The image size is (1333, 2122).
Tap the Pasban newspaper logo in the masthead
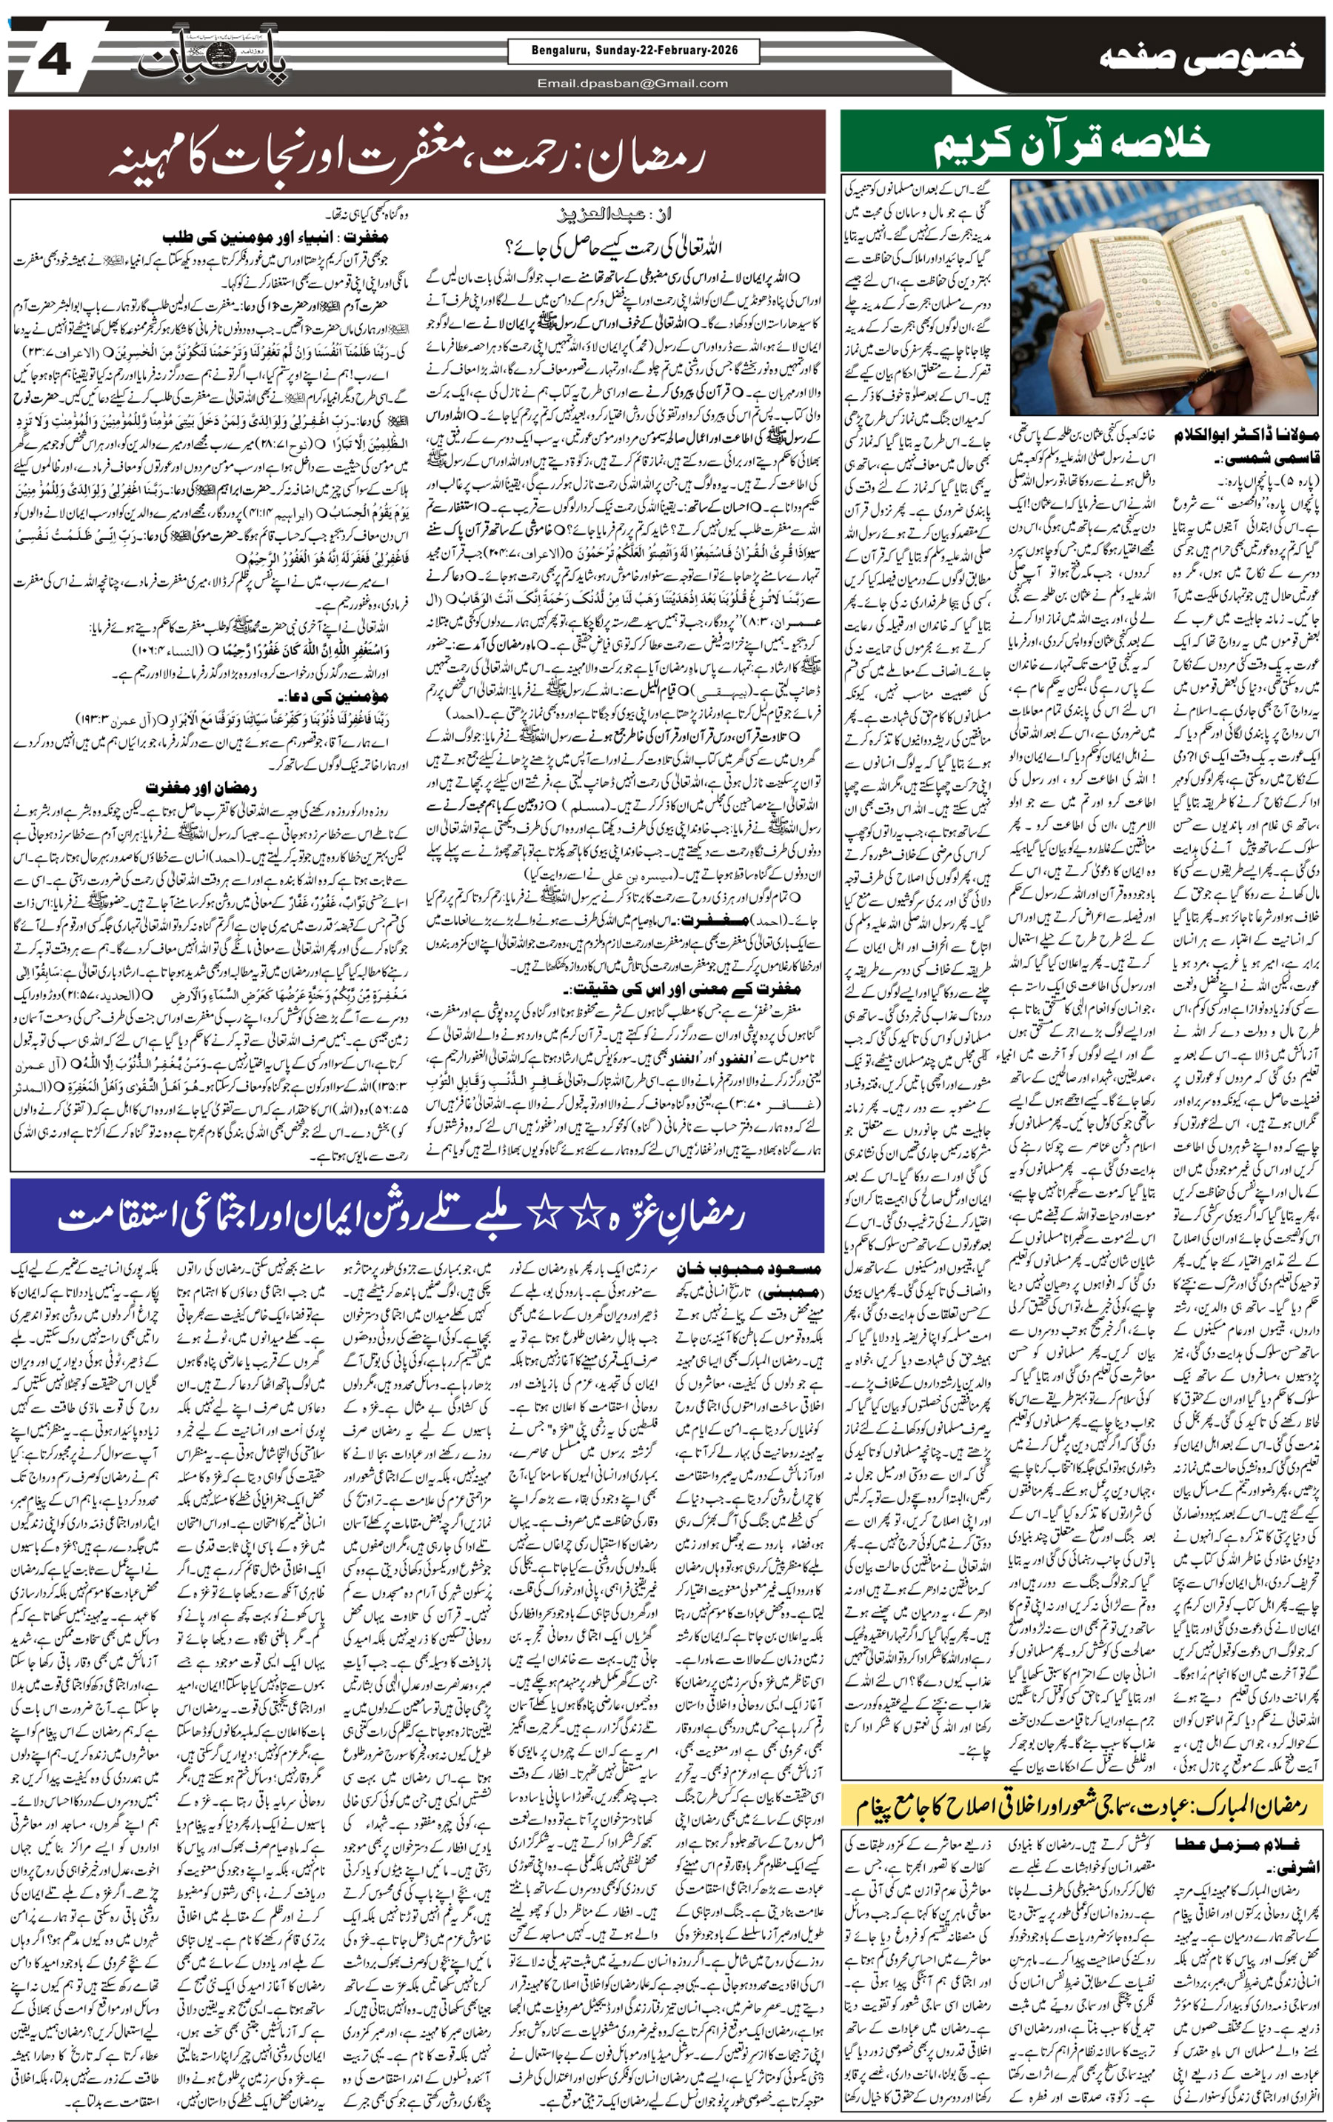214,59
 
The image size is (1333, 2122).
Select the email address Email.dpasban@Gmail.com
633,84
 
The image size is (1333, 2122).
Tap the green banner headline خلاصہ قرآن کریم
1072,144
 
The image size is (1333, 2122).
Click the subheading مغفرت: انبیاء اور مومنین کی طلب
275,237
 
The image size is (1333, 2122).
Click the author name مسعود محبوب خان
748,1269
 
